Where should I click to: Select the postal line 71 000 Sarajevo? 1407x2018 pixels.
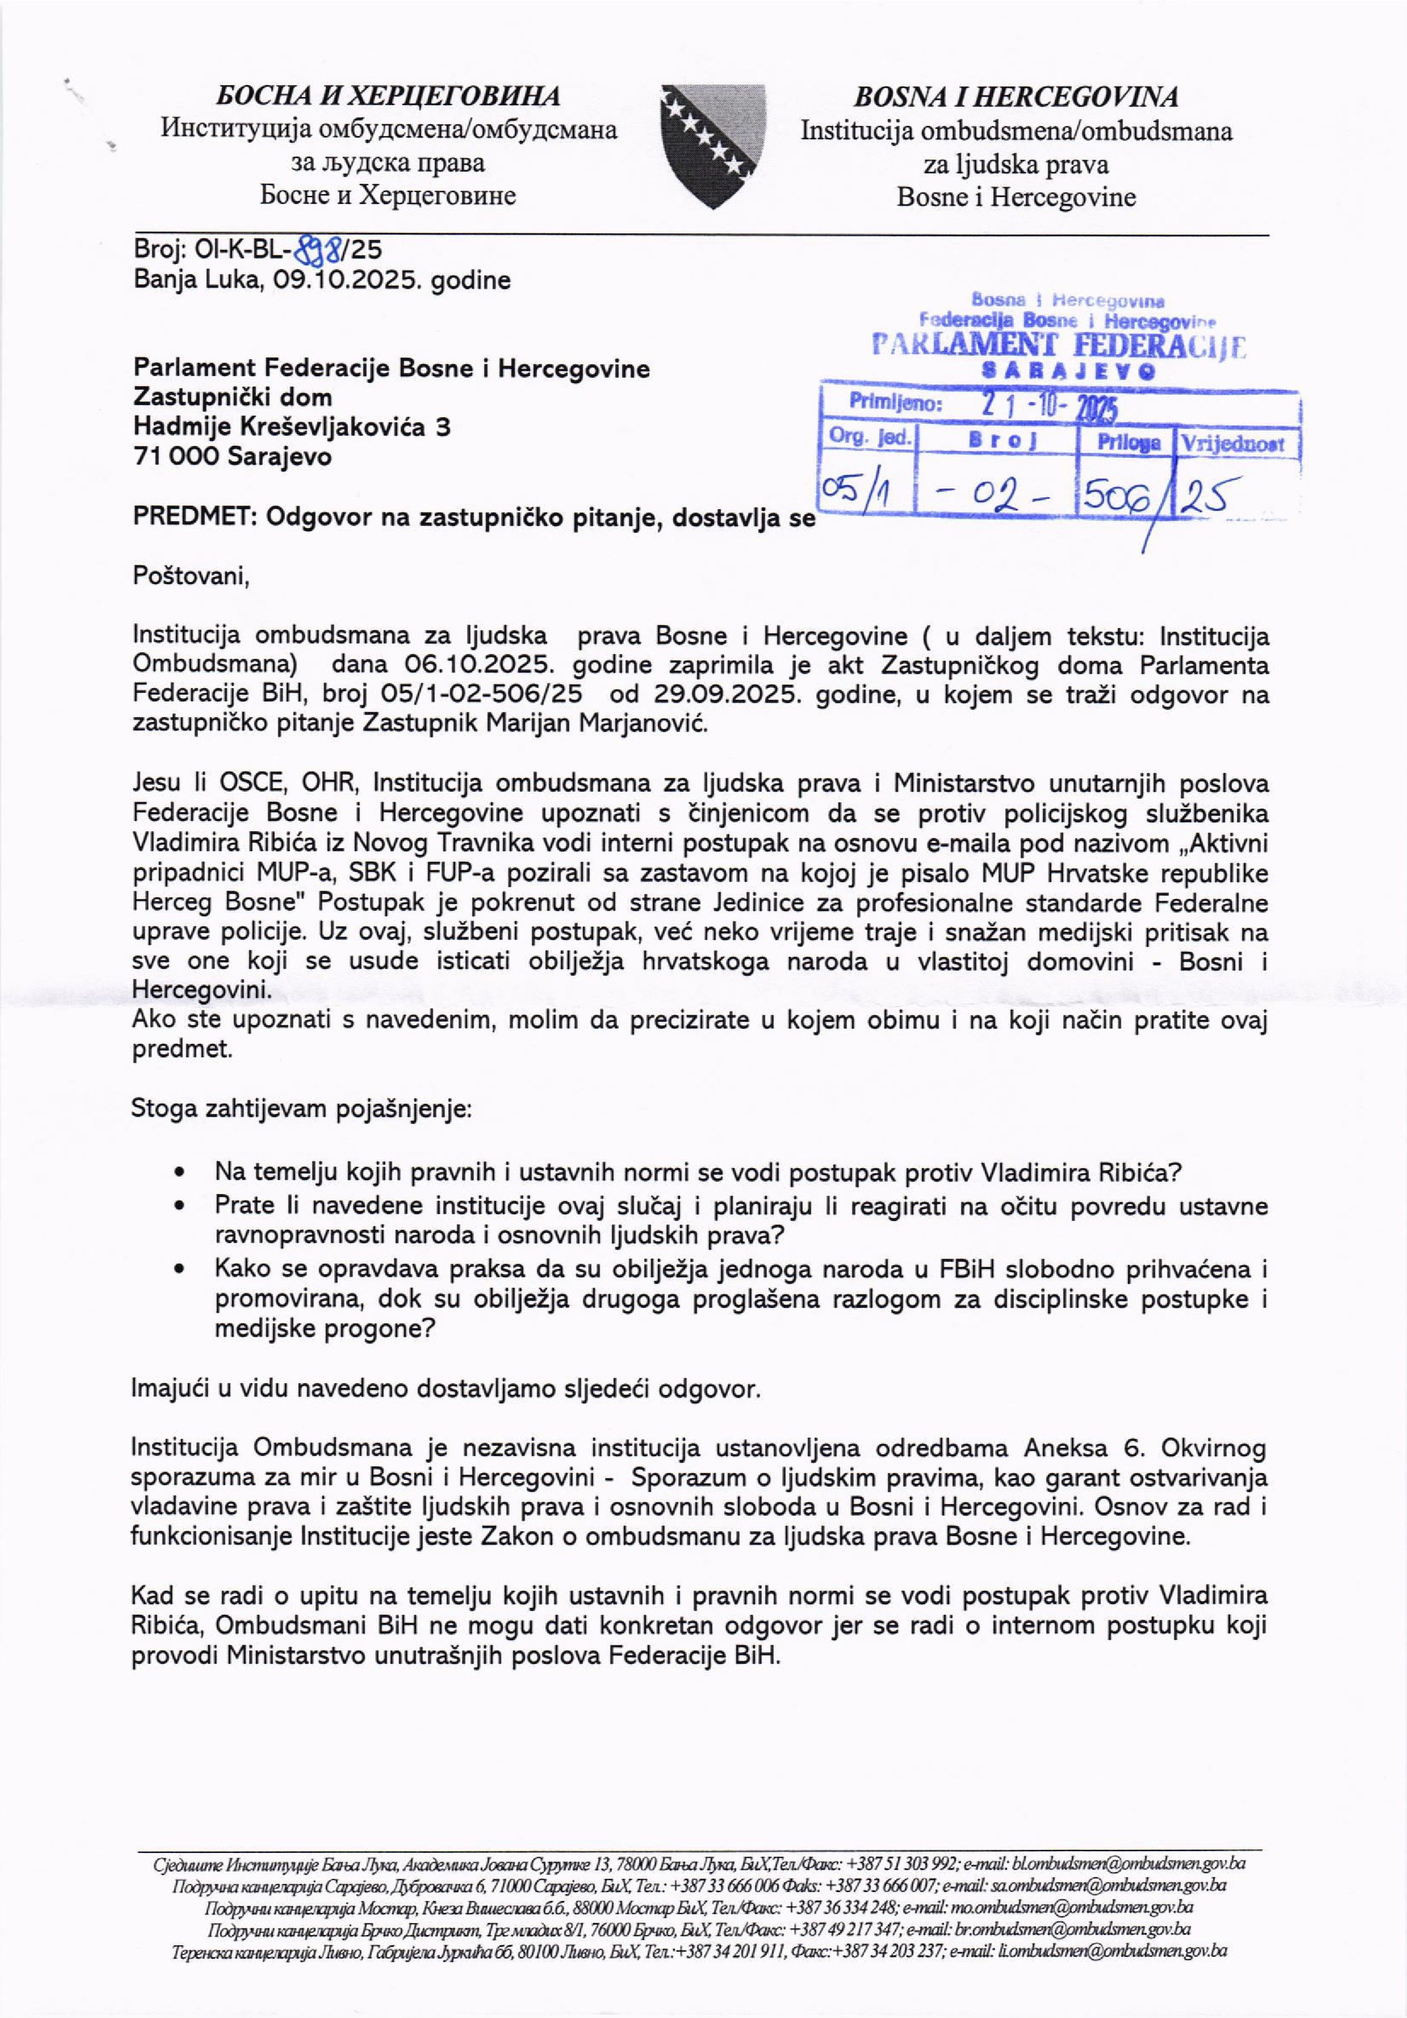232,457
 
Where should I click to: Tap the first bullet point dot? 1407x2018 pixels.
179,1173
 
